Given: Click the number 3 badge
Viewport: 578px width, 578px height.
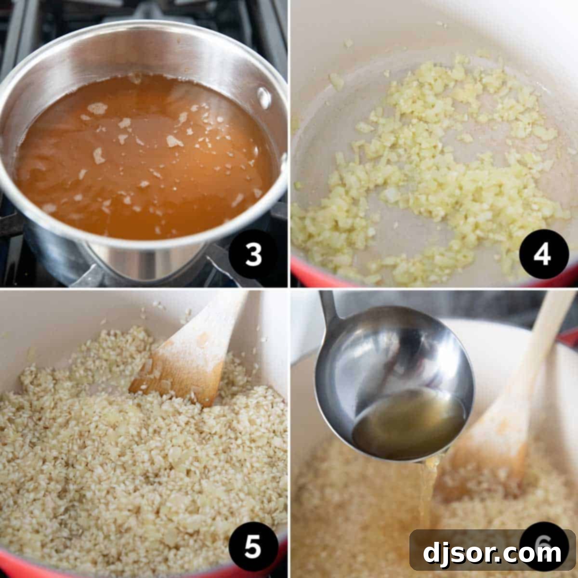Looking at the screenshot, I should point(253,256).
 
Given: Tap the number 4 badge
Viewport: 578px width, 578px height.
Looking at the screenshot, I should point(542,256).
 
